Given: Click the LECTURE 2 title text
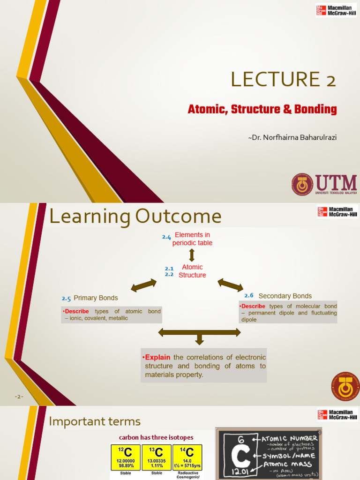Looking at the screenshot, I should coord(283,79).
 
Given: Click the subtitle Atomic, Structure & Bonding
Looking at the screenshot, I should coord(262,110).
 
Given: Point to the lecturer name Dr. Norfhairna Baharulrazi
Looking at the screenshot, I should coord(292,138).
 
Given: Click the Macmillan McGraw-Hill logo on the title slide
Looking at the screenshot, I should coord(336,10).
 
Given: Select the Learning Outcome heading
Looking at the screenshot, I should coord(135,217).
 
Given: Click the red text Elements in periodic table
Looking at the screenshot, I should coord(192,239).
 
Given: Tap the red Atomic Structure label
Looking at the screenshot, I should coord(192,271).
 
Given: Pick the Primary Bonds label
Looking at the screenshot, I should coord(96,298).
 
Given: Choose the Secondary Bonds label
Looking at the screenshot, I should coord(285,296).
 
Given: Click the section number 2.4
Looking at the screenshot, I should coord(166,237).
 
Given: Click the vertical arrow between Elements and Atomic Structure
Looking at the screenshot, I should coord(192,255).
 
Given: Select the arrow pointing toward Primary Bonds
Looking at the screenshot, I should coord(143,285).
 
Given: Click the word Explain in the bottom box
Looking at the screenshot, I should coord(157,358).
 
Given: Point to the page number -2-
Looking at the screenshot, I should coord(19,397).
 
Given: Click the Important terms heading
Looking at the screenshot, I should coord(95,421).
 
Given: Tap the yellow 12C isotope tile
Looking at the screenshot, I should coord(125,457).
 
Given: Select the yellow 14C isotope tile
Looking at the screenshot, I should coord(187,457).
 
